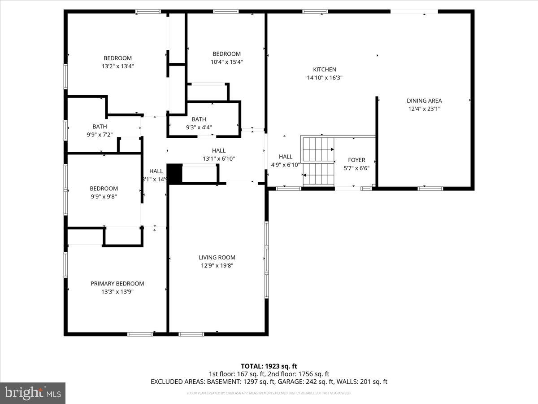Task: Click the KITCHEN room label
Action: point(325,70)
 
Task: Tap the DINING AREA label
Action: point(424,101)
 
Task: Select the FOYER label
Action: point(356,160)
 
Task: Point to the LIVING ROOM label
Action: point(217,258)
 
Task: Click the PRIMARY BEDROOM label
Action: point(117,284)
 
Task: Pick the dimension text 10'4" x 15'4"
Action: point(226,62)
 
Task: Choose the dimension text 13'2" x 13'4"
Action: point(118,66)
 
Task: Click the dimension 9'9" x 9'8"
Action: point(104,197)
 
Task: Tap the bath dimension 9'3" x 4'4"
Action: point(199,127)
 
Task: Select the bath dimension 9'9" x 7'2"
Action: point(100,134)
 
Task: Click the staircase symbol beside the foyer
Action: point(319,162)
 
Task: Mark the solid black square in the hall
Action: point(174,173)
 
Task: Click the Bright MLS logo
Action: point(33,393)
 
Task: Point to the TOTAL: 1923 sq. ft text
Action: point(269,366)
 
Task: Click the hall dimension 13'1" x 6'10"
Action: point(219,158)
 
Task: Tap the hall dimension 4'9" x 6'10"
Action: point(286,164)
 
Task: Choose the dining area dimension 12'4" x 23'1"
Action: point(424,109)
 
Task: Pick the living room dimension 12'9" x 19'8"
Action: point(217,266)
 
